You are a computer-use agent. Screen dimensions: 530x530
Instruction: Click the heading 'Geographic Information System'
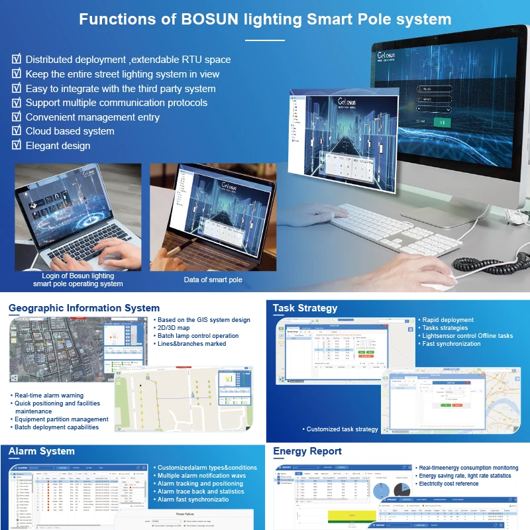click(84, 308)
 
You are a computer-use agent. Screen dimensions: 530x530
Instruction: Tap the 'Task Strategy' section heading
click(305, 308)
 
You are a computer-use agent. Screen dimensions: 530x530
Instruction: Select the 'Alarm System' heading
click(42, 452)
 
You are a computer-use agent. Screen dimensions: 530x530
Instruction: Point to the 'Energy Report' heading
click(307, 452)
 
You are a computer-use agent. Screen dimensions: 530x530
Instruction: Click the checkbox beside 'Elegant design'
click(17, 145)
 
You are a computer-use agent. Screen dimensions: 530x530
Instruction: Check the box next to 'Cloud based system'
click(17, 131)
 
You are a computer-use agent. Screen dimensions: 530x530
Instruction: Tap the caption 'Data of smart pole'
click(213, 280)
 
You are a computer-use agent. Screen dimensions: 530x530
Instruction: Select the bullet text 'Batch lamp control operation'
click(198, 336)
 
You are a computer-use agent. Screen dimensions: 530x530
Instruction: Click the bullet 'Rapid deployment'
click(448, 320)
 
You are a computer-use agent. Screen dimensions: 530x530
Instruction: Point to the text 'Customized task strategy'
click(342, 429)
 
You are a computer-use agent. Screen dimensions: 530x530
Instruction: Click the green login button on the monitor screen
click(441, 122)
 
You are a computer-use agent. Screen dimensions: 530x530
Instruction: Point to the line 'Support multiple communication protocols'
click(116, 103)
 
